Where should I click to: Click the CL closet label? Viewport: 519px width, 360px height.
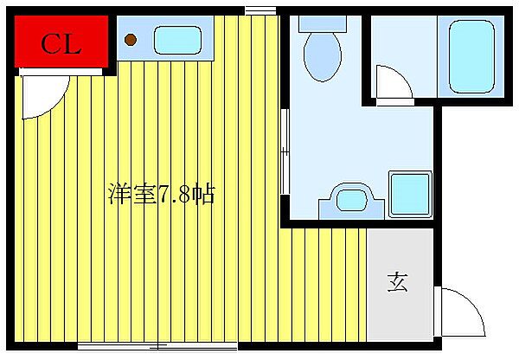(61, 44)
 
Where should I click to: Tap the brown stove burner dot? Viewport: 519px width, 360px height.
(131, 39)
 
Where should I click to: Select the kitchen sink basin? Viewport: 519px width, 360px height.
(176, 39)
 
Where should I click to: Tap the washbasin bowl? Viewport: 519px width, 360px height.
(351, 199)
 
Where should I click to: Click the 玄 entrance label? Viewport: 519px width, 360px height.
(397, 282)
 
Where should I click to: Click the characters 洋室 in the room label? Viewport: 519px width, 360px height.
(128, 194)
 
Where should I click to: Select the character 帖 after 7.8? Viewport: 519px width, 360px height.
(203, 194)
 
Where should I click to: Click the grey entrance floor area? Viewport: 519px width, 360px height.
(399, 260)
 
